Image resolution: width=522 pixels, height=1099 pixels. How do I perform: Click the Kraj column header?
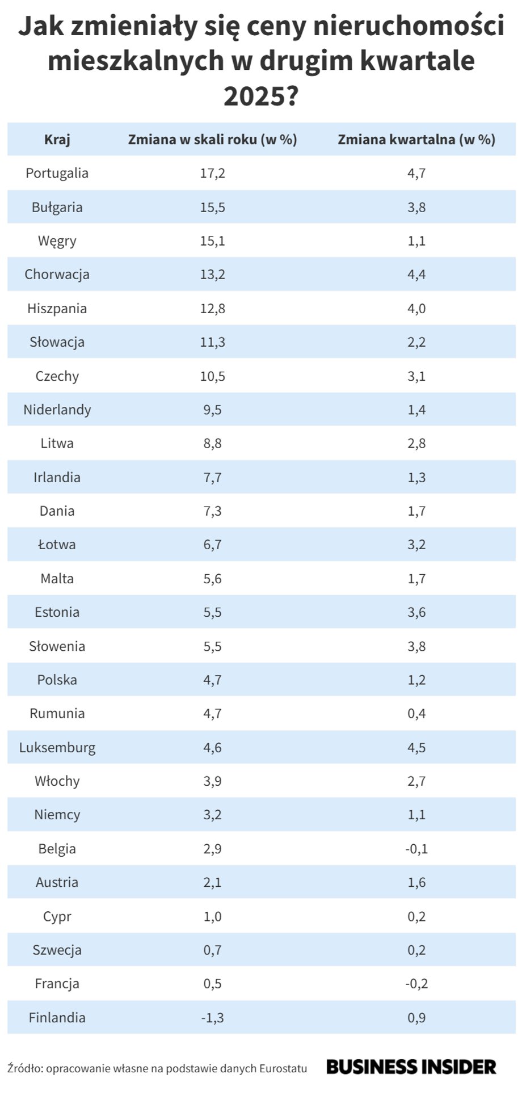pos(57,140)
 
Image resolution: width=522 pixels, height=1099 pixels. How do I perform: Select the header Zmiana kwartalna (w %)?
pos(416,140)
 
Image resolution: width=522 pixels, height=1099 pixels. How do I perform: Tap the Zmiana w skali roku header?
pos(213,140)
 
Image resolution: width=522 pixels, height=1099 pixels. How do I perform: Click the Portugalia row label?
pos(57,173)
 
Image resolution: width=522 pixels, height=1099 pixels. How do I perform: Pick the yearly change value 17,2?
pos(213,173)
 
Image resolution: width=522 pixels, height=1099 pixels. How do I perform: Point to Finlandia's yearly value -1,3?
pos(213,1017)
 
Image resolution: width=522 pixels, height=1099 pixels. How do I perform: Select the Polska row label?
pos(57,680)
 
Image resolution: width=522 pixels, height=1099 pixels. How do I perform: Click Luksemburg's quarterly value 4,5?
pos(416,747)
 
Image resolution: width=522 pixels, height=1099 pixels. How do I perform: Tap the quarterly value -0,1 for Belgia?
pos(416,849)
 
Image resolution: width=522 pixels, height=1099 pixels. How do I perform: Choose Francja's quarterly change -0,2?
pos(416,984)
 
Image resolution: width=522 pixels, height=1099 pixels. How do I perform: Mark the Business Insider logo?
pos(411,1067)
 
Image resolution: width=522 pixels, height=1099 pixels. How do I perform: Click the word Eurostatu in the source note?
pos(283,1068)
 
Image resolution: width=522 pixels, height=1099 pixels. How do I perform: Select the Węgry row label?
pos(57,241)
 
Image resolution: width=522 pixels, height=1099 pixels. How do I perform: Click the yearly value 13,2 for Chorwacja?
pos(213,275)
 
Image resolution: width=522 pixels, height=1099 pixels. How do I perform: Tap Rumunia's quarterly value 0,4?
pos(416,713)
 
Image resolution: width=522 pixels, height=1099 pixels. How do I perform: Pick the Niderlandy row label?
pos(57,410)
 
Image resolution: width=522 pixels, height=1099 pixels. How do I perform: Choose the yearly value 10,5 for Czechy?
pos(213,376)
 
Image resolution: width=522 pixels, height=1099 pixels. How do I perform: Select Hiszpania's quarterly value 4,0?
pos(416,309)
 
